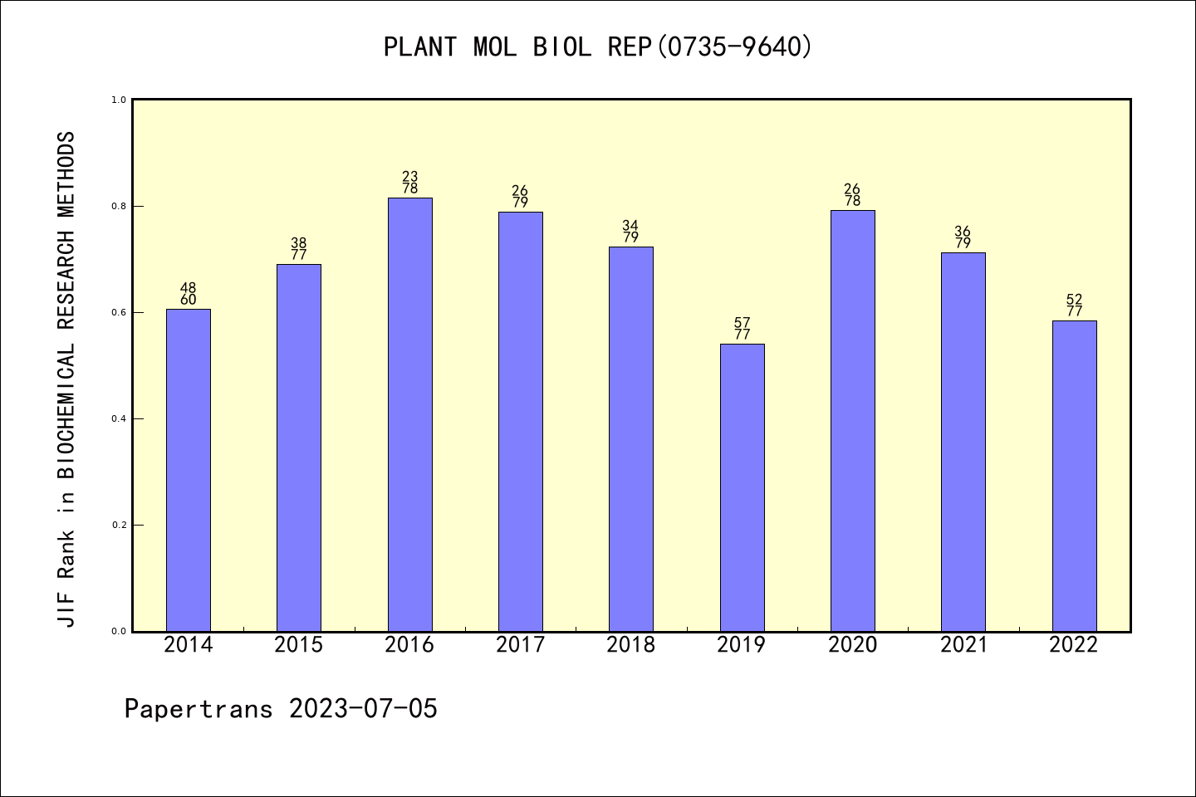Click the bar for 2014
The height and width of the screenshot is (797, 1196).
pyautogui.click(x=189, y=470)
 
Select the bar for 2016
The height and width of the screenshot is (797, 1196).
pyautogui.click(x=409, y=414)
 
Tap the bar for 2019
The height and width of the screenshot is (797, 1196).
pyautogui.click(x=742, y=487)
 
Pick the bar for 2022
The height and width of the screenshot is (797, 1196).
pyautogui.click(x=1074, y=476)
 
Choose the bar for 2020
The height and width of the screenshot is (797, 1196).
pyautogui.click(x=852, y=421)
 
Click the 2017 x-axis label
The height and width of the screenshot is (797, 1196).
pyautogui.click(x=520, y=645)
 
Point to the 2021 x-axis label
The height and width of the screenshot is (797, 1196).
pyautogui.click(x=963, y=645)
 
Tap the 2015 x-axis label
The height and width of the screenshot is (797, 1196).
pyautogui.click(x=299, y=645)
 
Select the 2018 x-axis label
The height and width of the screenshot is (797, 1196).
pyautogui.click(x=631, y=645)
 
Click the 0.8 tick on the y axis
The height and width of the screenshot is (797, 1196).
pyautogui.click(x=119, y=206)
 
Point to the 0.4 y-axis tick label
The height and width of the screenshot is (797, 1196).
pyautogui.click(x=119, y=418)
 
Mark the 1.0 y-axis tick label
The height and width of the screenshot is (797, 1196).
pyautogui.click(x=119, y=100)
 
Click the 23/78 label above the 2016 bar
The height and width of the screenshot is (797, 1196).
pyautogui.click(x=409, y=183)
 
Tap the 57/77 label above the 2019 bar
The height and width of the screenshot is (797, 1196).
pyautogui.click(x=742, y=329)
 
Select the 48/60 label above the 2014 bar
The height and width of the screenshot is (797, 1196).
pyautogui.click(x=189, y=294)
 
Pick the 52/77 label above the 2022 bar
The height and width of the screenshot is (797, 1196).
pyautogui.click(x=1074, y=306)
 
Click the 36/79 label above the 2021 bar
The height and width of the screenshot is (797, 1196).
pyautogui.click(x=963, y=237)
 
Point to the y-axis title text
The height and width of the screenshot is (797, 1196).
pyautogui.click(x=66, y=379)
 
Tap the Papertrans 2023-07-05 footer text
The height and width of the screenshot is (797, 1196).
pyautogui.click(x=281, y=709)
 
